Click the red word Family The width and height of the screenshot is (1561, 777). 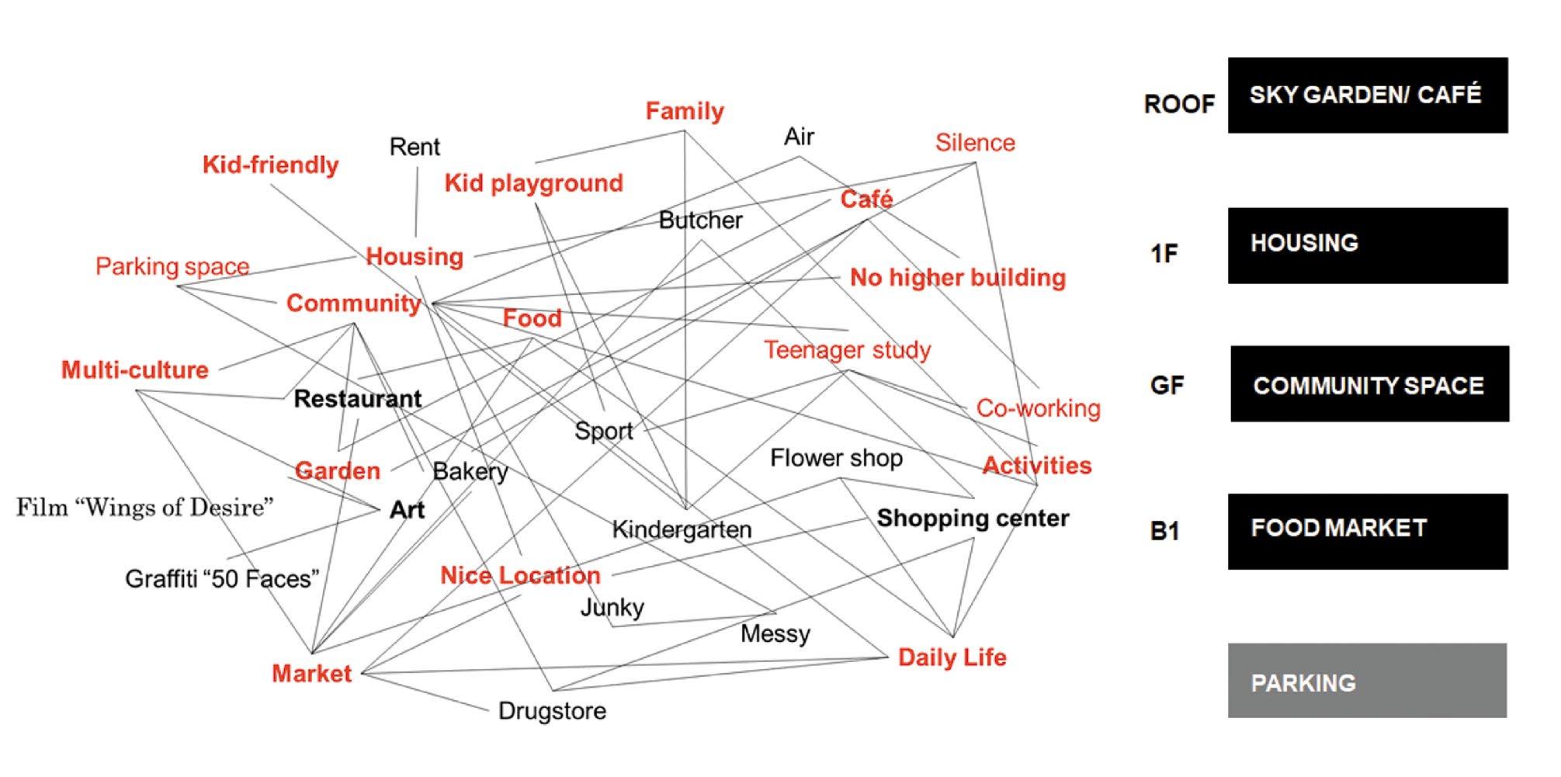684,111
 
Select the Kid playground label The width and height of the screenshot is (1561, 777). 533,183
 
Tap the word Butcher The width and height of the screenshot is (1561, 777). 700,220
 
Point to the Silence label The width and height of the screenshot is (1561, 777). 974,143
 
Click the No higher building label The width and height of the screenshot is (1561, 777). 957,278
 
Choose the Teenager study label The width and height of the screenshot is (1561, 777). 847,350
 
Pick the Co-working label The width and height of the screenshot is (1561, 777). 1038,408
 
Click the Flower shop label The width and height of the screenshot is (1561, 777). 836,458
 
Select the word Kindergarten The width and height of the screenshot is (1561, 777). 682,529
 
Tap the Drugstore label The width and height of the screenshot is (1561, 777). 552,711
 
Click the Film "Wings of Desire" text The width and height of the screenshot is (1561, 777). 145,508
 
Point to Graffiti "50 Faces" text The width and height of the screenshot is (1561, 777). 222,579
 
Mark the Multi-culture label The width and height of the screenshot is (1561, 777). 135,370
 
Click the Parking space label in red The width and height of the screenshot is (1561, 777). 172,266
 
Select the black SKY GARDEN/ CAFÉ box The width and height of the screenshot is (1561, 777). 1367,95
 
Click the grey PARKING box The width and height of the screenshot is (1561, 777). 1366,681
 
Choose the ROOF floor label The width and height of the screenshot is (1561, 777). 1178,104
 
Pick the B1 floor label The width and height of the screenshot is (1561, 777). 1164,532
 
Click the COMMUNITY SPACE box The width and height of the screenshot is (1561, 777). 1369,384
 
